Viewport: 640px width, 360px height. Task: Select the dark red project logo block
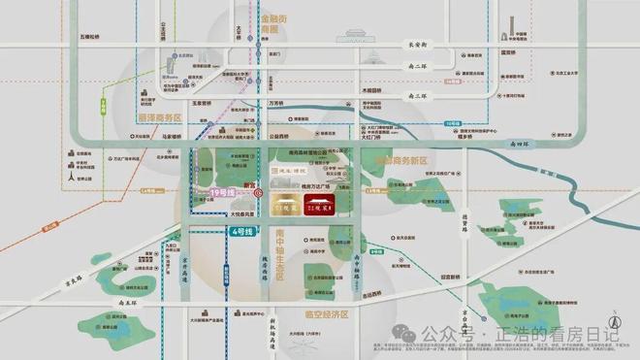[317, 205]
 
